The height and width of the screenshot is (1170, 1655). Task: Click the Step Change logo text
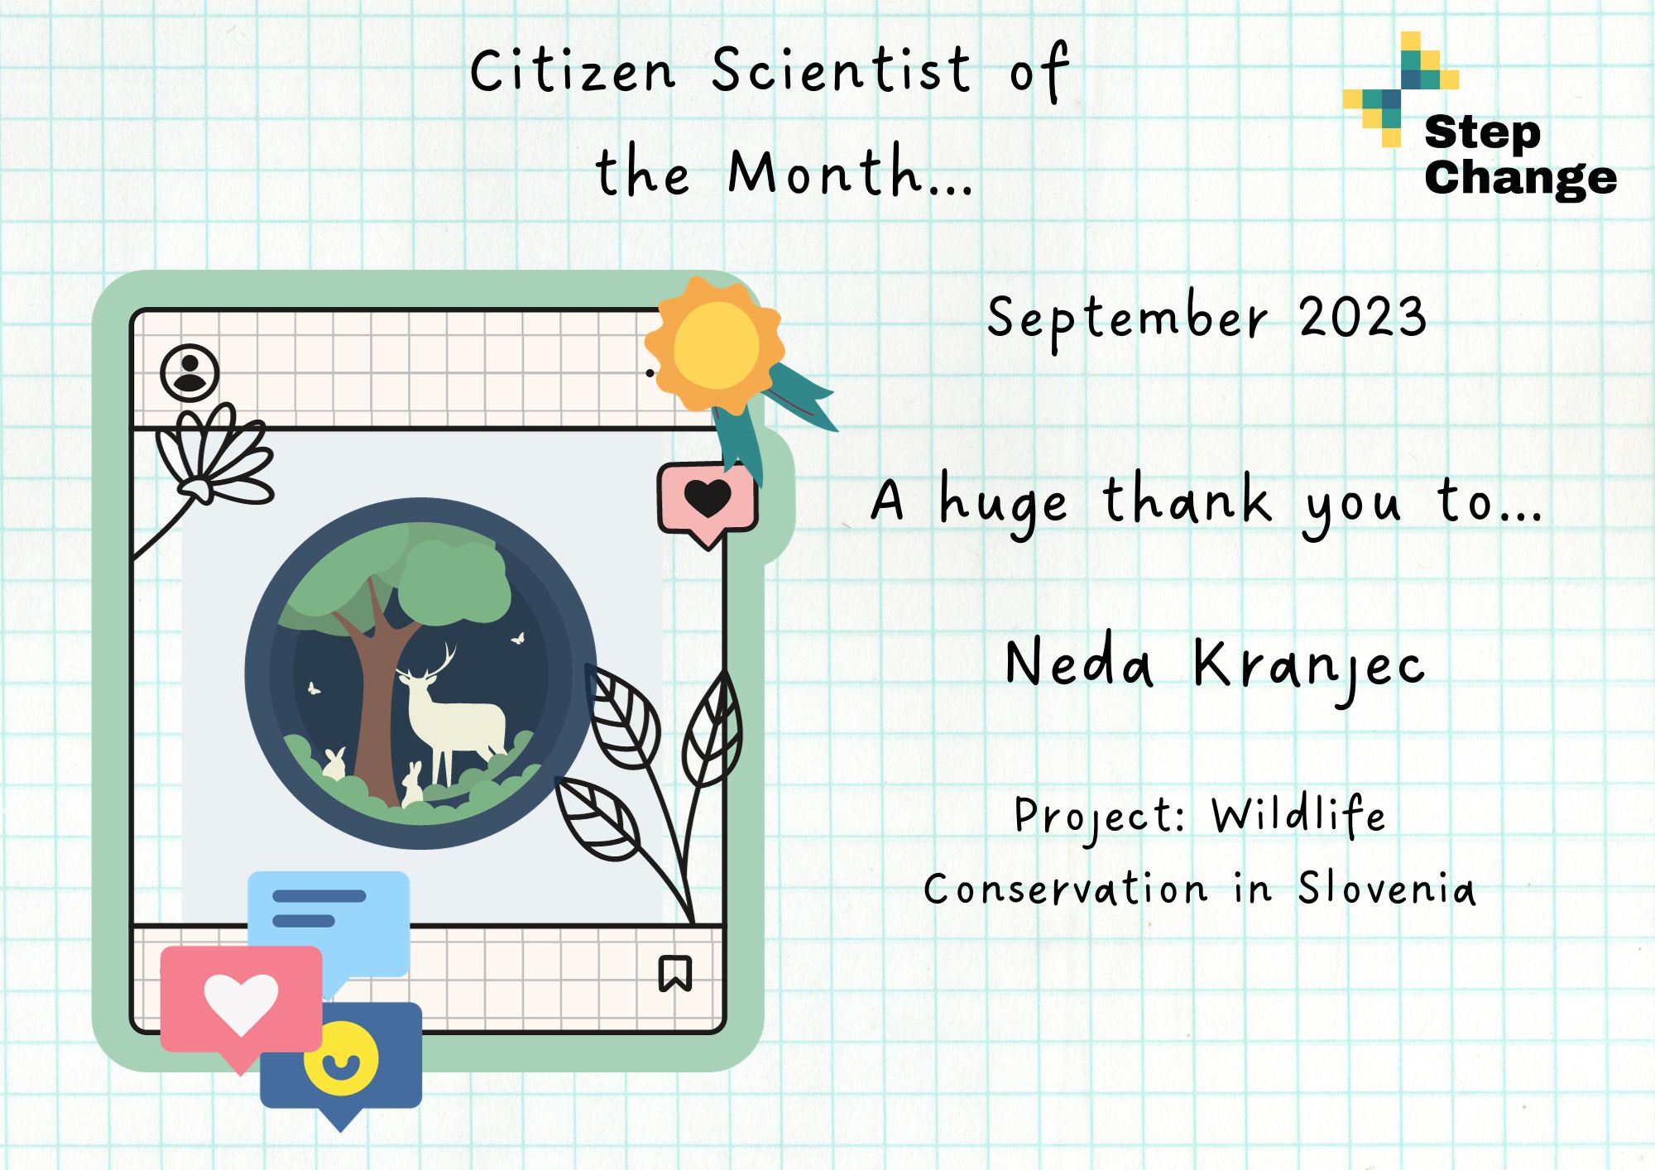(1520, 156)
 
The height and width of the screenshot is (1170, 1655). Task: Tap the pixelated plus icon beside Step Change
(1401, 89)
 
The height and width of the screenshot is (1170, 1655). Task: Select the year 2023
(1363, 316)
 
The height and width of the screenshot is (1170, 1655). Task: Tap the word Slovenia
(1386, 888)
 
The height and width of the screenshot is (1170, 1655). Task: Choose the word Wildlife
(1298, 815)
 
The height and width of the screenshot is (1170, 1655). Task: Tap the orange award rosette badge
(715, 344)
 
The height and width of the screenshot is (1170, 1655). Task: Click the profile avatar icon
(189, 372)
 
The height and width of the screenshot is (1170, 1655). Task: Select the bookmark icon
(675, 973)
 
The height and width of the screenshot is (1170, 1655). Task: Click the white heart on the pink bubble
(241, 1004)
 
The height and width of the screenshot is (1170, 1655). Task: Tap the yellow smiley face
(341, 1059)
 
